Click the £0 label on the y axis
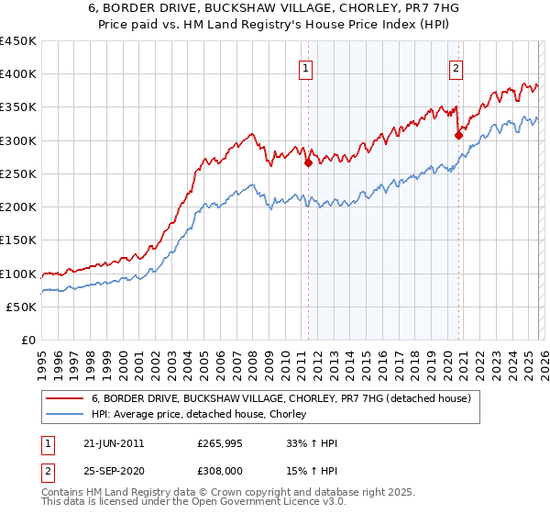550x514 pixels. [x=28, y=340]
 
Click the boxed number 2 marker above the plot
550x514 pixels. [x=456, y=66]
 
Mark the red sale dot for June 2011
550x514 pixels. [x=308, y=163]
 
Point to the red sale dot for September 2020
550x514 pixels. [x=458, y=135]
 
